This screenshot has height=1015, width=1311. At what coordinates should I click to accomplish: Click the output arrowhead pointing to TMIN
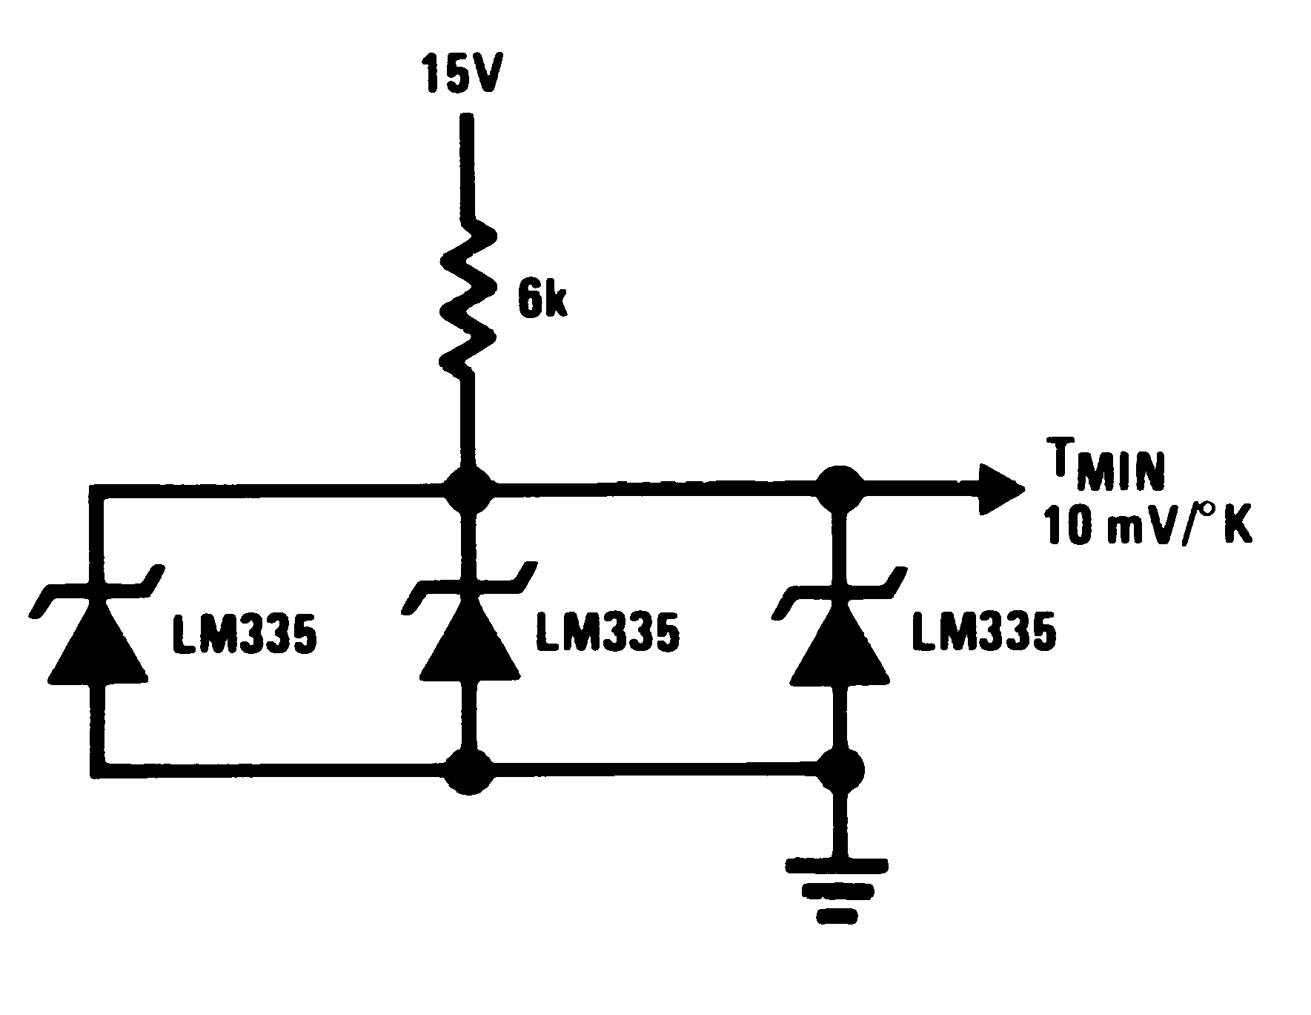point(1000,489)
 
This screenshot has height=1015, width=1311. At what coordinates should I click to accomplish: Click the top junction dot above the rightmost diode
point(840,487)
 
